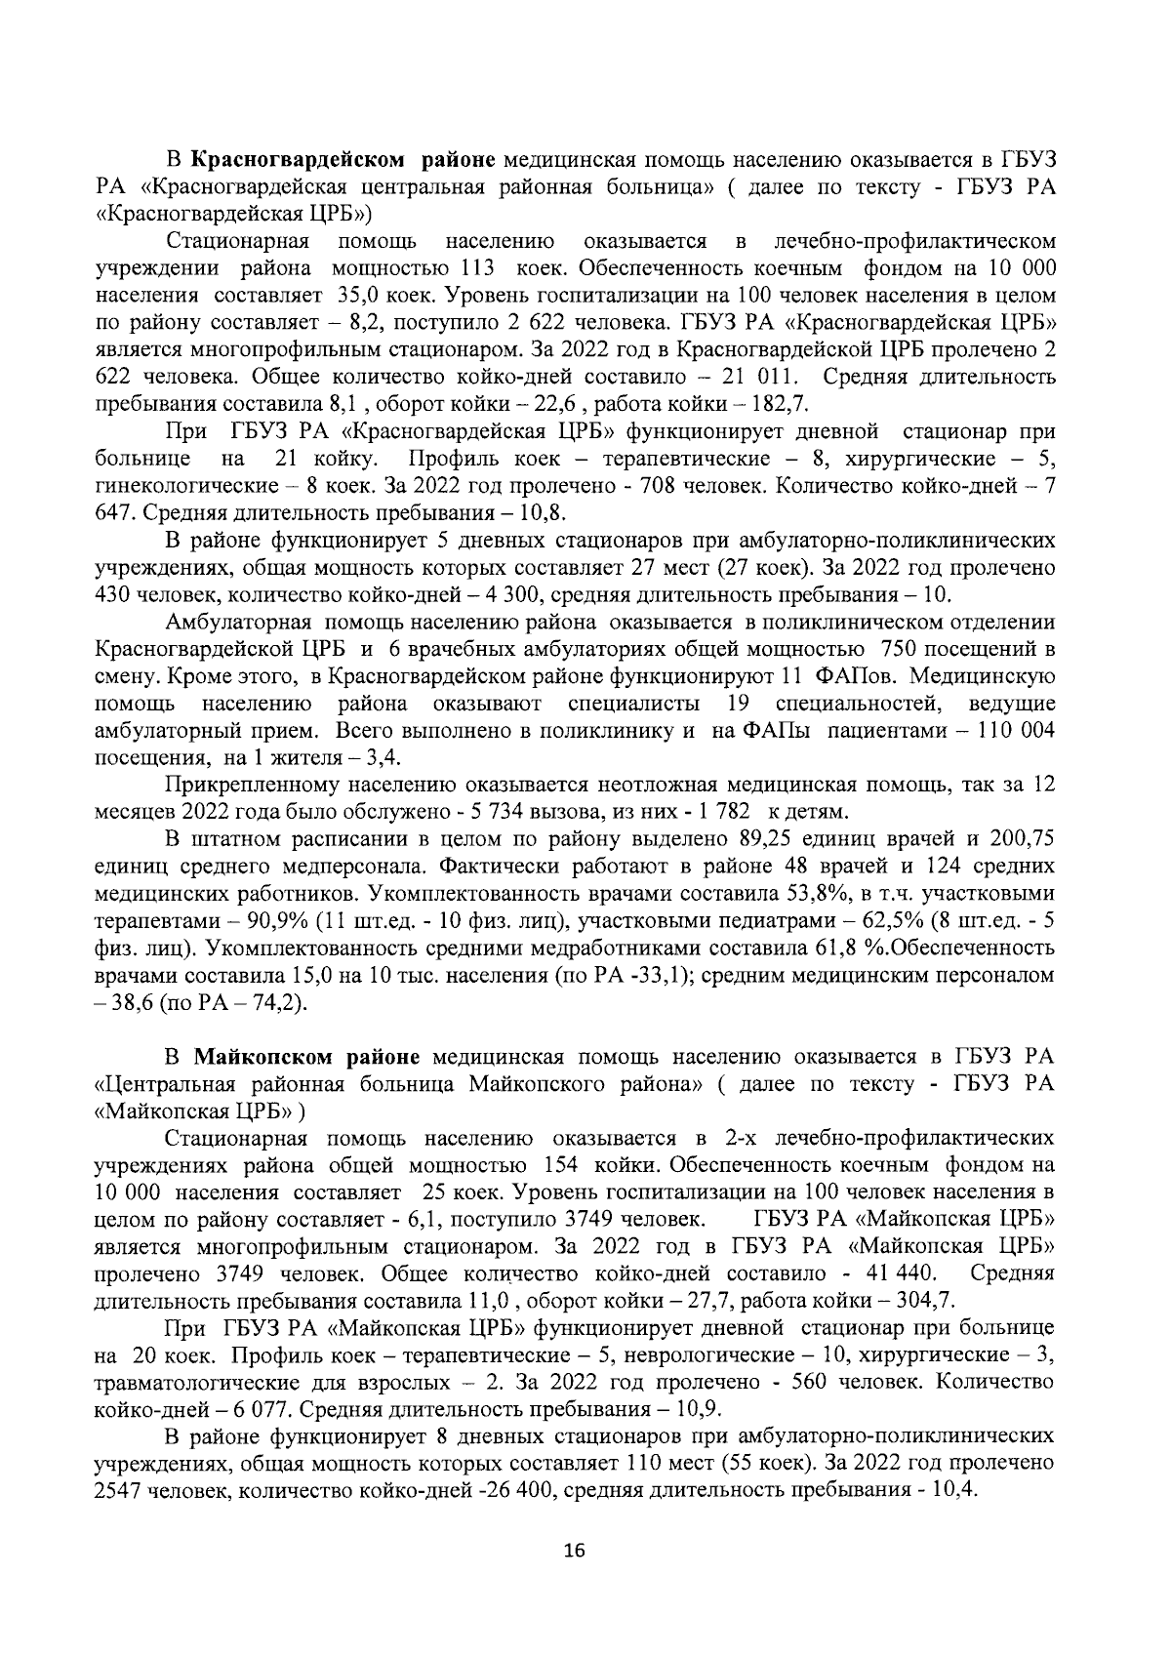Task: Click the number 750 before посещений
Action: click(900, 649)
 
